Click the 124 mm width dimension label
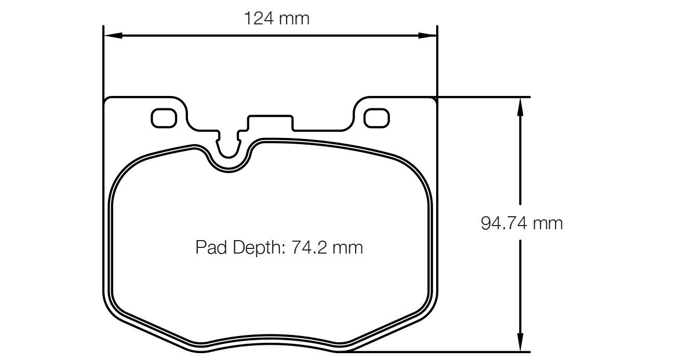point(276,19)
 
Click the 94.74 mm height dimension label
point(521,224)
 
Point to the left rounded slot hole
point(164,118)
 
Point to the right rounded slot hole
point(376,118)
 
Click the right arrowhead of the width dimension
point(428,35)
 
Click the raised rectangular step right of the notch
point(271,122)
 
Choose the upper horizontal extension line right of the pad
point(483,97)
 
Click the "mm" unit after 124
point(294,19)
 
